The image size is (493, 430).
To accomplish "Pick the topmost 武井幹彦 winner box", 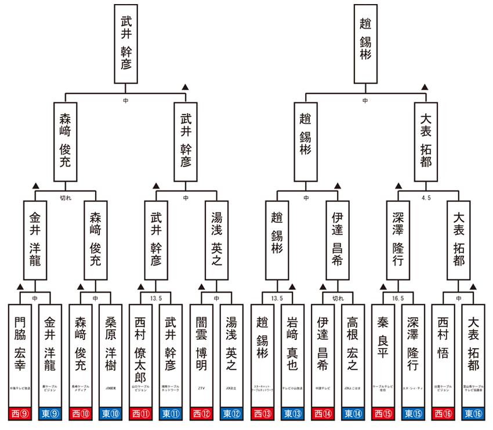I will click(126, 45).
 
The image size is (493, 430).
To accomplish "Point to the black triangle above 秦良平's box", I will click(383, 287).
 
